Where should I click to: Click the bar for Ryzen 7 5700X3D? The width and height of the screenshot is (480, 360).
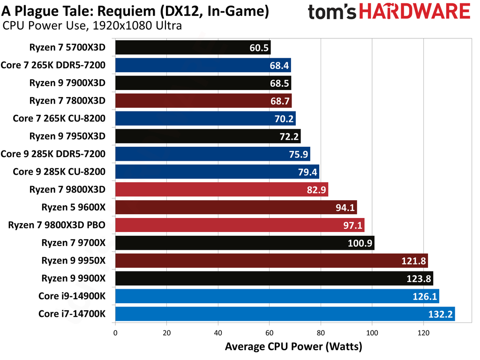coord(193,47)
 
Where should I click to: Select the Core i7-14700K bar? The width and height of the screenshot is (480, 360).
coord(285,314)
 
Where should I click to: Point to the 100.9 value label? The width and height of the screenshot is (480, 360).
coord(360,243)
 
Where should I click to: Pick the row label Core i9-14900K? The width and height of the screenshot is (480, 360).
coord(72,296)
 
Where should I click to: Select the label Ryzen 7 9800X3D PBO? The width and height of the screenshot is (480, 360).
coord(57,225)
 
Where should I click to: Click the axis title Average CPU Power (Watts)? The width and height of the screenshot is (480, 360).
coord(293,347)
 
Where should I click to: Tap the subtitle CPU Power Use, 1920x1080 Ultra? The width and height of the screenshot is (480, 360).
coord(92,26)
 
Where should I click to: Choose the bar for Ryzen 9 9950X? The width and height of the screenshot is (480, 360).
coord(271,261)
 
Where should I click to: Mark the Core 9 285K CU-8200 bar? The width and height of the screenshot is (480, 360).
coord(217,172)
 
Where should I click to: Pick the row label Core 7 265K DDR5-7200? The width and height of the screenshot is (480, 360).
coord(53,65)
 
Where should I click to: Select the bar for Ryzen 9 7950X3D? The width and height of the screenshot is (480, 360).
coord(208,136)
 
